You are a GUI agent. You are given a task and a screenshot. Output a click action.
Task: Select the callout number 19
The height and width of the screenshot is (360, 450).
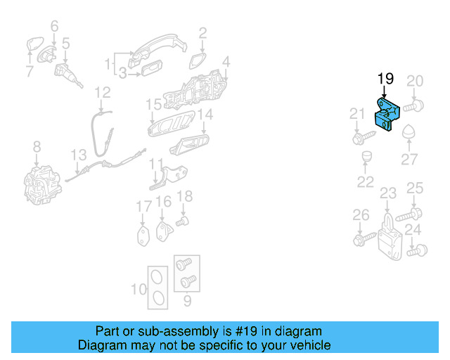pyautogui.click(x=385, y=79)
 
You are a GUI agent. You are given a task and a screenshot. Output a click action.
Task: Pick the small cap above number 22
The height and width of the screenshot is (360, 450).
pyautogui.click(x=365, y=155)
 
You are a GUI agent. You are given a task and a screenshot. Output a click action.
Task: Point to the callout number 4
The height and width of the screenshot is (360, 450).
pyautogui.click(x=226, y=62)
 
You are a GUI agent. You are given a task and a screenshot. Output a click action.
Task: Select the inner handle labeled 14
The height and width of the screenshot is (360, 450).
pyautogui.click(x=189, y=145)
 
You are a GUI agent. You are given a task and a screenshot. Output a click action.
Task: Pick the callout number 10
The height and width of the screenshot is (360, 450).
pyautogui.click(x=139, y=289)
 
